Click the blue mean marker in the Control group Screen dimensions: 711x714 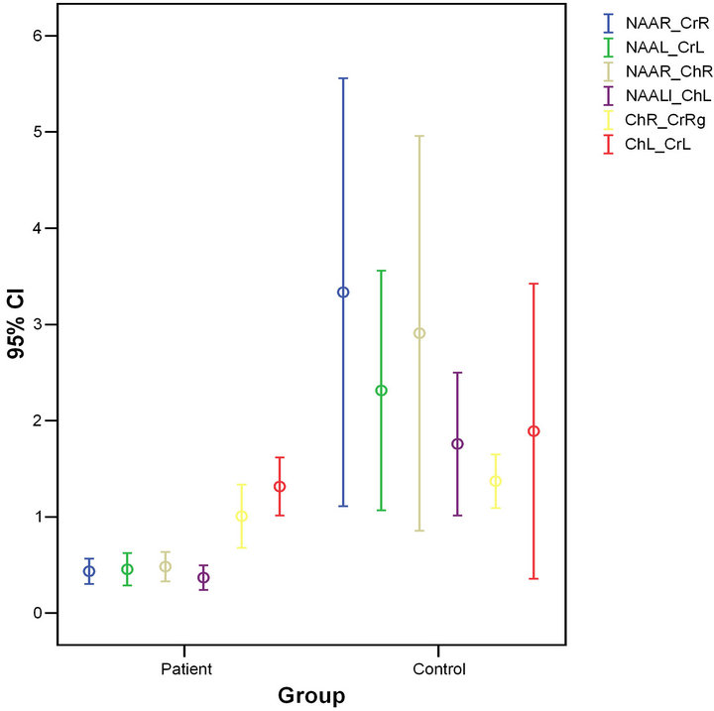click(x=343, y=292)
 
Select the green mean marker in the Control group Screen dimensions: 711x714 click(x=382, y=390)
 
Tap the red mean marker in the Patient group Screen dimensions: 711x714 click(x=280, y=486)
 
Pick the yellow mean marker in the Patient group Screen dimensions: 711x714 click(x=241, y=516)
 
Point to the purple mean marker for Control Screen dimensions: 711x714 click(x=457, y=443)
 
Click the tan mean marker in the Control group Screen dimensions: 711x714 click(x=419, y=333)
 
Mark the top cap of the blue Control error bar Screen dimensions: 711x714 click(x=343, y=78)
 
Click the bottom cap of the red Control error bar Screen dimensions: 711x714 click(x=534, y=578)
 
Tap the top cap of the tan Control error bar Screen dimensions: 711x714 click(x=419, y=136)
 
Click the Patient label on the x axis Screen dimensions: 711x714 click(x=185, y=669)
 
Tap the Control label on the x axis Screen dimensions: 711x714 click(x=438, y=669)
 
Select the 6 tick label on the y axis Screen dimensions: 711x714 click(x=38, y=36)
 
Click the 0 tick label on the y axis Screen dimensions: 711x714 click(x=38, y=613)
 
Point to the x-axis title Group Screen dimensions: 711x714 click(x=310, y=695)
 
